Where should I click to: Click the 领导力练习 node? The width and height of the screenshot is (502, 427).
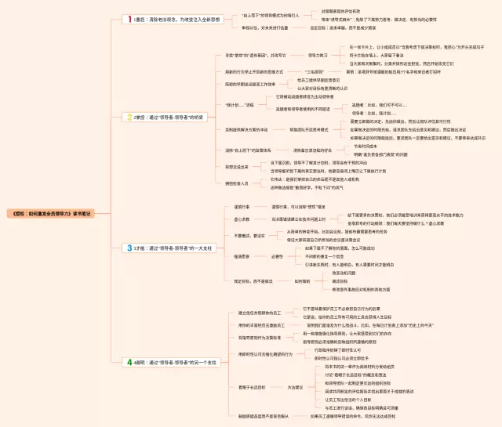click(x=318, y=56)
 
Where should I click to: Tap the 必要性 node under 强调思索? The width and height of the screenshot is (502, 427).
click(x=277, y=256)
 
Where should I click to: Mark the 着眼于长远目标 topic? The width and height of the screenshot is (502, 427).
click(x=250, y=387)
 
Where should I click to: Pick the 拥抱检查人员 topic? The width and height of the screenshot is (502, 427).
click(x=238, y=183)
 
